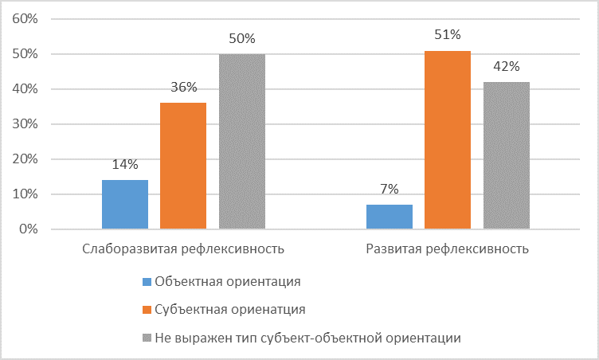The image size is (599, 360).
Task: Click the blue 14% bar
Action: click(125, 205)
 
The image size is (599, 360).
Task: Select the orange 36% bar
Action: click(183, 166)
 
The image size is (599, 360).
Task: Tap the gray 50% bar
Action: click(242, 142)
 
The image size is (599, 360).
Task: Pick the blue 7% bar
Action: click(390, 217)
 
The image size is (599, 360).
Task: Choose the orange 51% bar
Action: click(448, 140)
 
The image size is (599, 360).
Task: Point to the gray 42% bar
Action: click(507, 155)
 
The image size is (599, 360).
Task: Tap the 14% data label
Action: click(125, 165)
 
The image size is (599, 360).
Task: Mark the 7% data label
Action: click(390, 190)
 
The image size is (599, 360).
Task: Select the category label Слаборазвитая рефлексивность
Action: click(183, 248)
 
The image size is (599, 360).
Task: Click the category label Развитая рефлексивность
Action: click(448, 248)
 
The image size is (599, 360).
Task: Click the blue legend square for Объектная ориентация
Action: click(146, 281)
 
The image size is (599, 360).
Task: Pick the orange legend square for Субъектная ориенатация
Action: click(146, 309)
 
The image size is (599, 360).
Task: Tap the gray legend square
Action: click(146, 337)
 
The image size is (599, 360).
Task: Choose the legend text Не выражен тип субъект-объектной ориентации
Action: click(308, 337)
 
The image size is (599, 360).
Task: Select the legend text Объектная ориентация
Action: click(228, 281)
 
